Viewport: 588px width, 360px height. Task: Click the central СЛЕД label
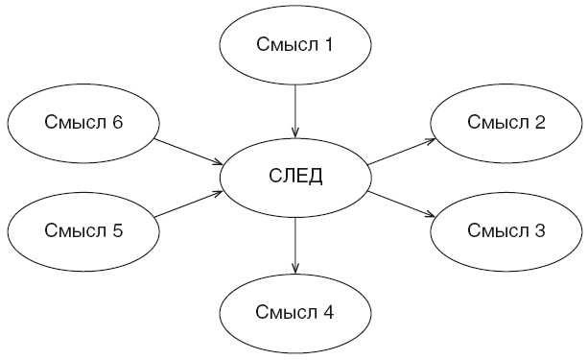295,176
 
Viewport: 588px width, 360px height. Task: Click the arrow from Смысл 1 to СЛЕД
295,111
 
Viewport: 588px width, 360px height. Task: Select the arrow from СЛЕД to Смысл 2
401,152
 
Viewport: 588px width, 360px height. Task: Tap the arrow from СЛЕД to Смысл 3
401,204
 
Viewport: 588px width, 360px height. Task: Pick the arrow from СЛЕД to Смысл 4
295,246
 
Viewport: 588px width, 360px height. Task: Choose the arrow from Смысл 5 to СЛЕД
189,204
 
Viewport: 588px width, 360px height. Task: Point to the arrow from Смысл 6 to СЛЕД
189,152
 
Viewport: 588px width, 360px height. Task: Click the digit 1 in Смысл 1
327,44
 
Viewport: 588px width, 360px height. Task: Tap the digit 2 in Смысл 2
540,122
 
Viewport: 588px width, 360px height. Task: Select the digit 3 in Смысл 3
540,230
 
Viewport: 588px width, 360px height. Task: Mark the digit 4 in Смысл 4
327,312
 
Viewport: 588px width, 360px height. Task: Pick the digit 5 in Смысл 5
117,230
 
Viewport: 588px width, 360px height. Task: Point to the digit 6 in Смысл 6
117,122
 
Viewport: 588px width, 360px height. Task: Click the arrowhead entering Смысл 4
295,268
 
